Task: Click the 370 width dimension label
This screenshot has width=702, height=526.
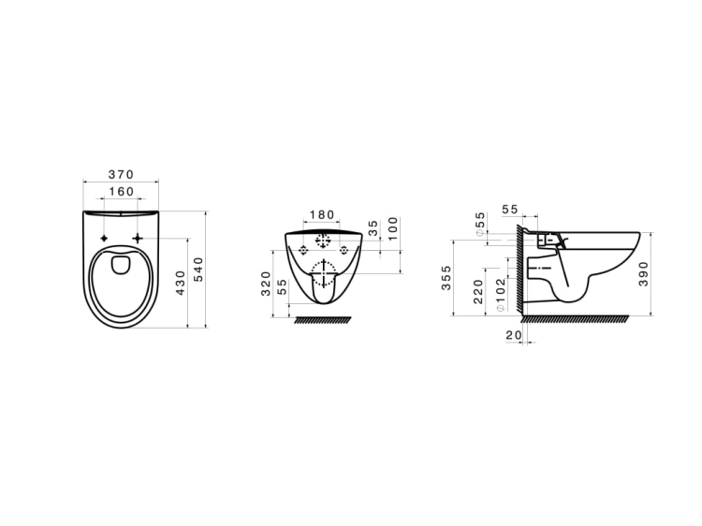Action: [x=121, y=174]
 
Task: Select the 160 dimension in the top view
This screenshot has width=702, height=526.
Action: [x=122, y=192]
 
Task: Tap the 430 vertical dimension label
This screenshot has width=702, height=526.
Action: [x=181, y=283]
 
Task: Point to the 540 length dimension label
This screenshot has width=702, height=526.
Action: [x=198, y=269]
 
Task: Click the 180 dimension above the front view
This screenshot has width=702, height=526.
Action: [x=322, y=215]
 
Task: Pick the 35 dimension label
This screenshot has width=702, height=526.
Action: [x=373, y=227]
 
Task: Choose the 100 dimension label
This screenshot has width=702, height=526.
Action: [x=392, y=228]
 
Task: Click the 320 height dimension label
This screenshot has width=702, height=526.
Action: [x=266, y=284]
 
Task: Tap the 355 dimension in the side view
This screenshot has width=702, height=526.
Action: [x=446, y=278]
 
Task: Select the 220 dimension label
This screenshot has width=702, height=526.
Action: [x=478, y=291]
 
